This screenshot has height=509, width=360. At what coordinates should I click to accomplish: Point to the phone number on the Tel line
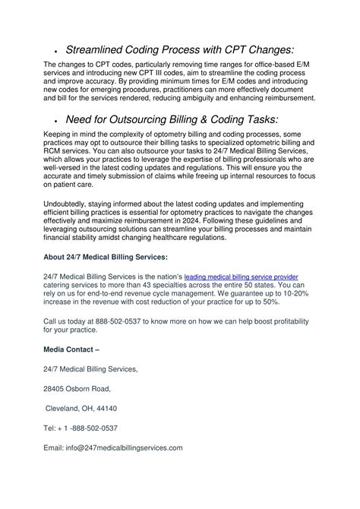coord(90,428)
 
